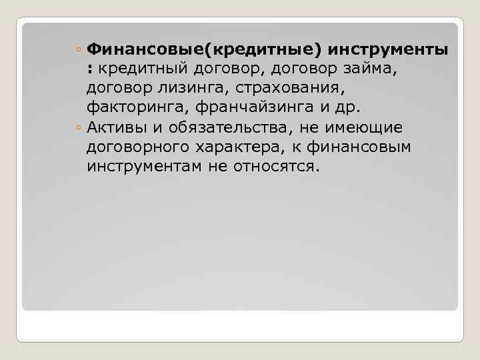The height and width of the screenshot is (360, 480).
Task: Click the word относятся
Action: click(275, 165)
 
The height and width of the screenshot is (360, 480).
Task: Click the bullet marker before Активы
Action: click(79, 127)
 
